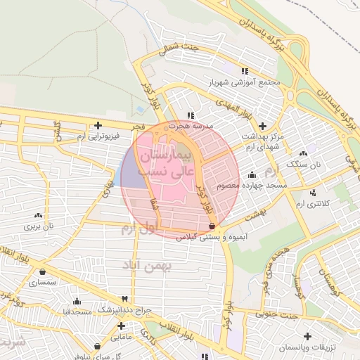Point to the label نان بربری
(x=39, y=226)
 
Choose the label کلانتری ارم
(x=310, y=202)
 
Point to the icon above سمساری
(x=44, y=271)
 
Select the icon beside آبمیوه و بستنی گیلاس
(x=213, y=226)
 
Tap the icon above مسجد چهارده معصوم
(x=252, y=174)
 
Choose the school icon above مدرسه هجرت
(x=191, y=115)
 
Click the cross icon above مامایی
(x=122, y=326)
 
